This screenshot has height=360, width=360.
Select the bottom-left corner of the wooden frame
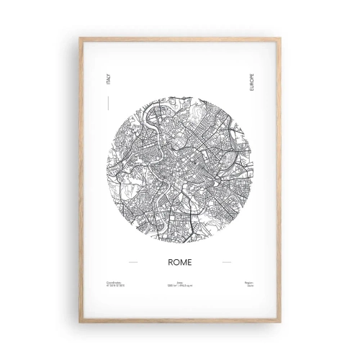81,322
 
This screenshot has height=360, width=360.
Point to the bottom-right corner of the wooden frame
279,322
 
